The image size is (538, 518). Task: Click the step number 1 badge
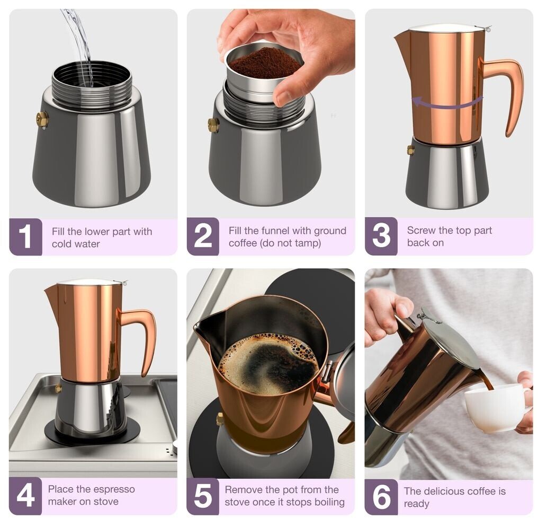[x=26, y=236]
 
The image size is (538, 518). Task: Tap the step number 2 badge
[x=203, y=236]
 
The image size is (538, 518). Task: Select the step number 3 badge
[x=381, y=236]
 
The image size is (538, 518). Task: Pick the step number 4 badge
[x=25, y=495]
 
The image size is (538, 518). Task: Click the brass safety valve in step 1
[x=42, y=119]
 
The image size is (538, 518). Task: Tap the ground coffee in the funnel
[x=264, y=63]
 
